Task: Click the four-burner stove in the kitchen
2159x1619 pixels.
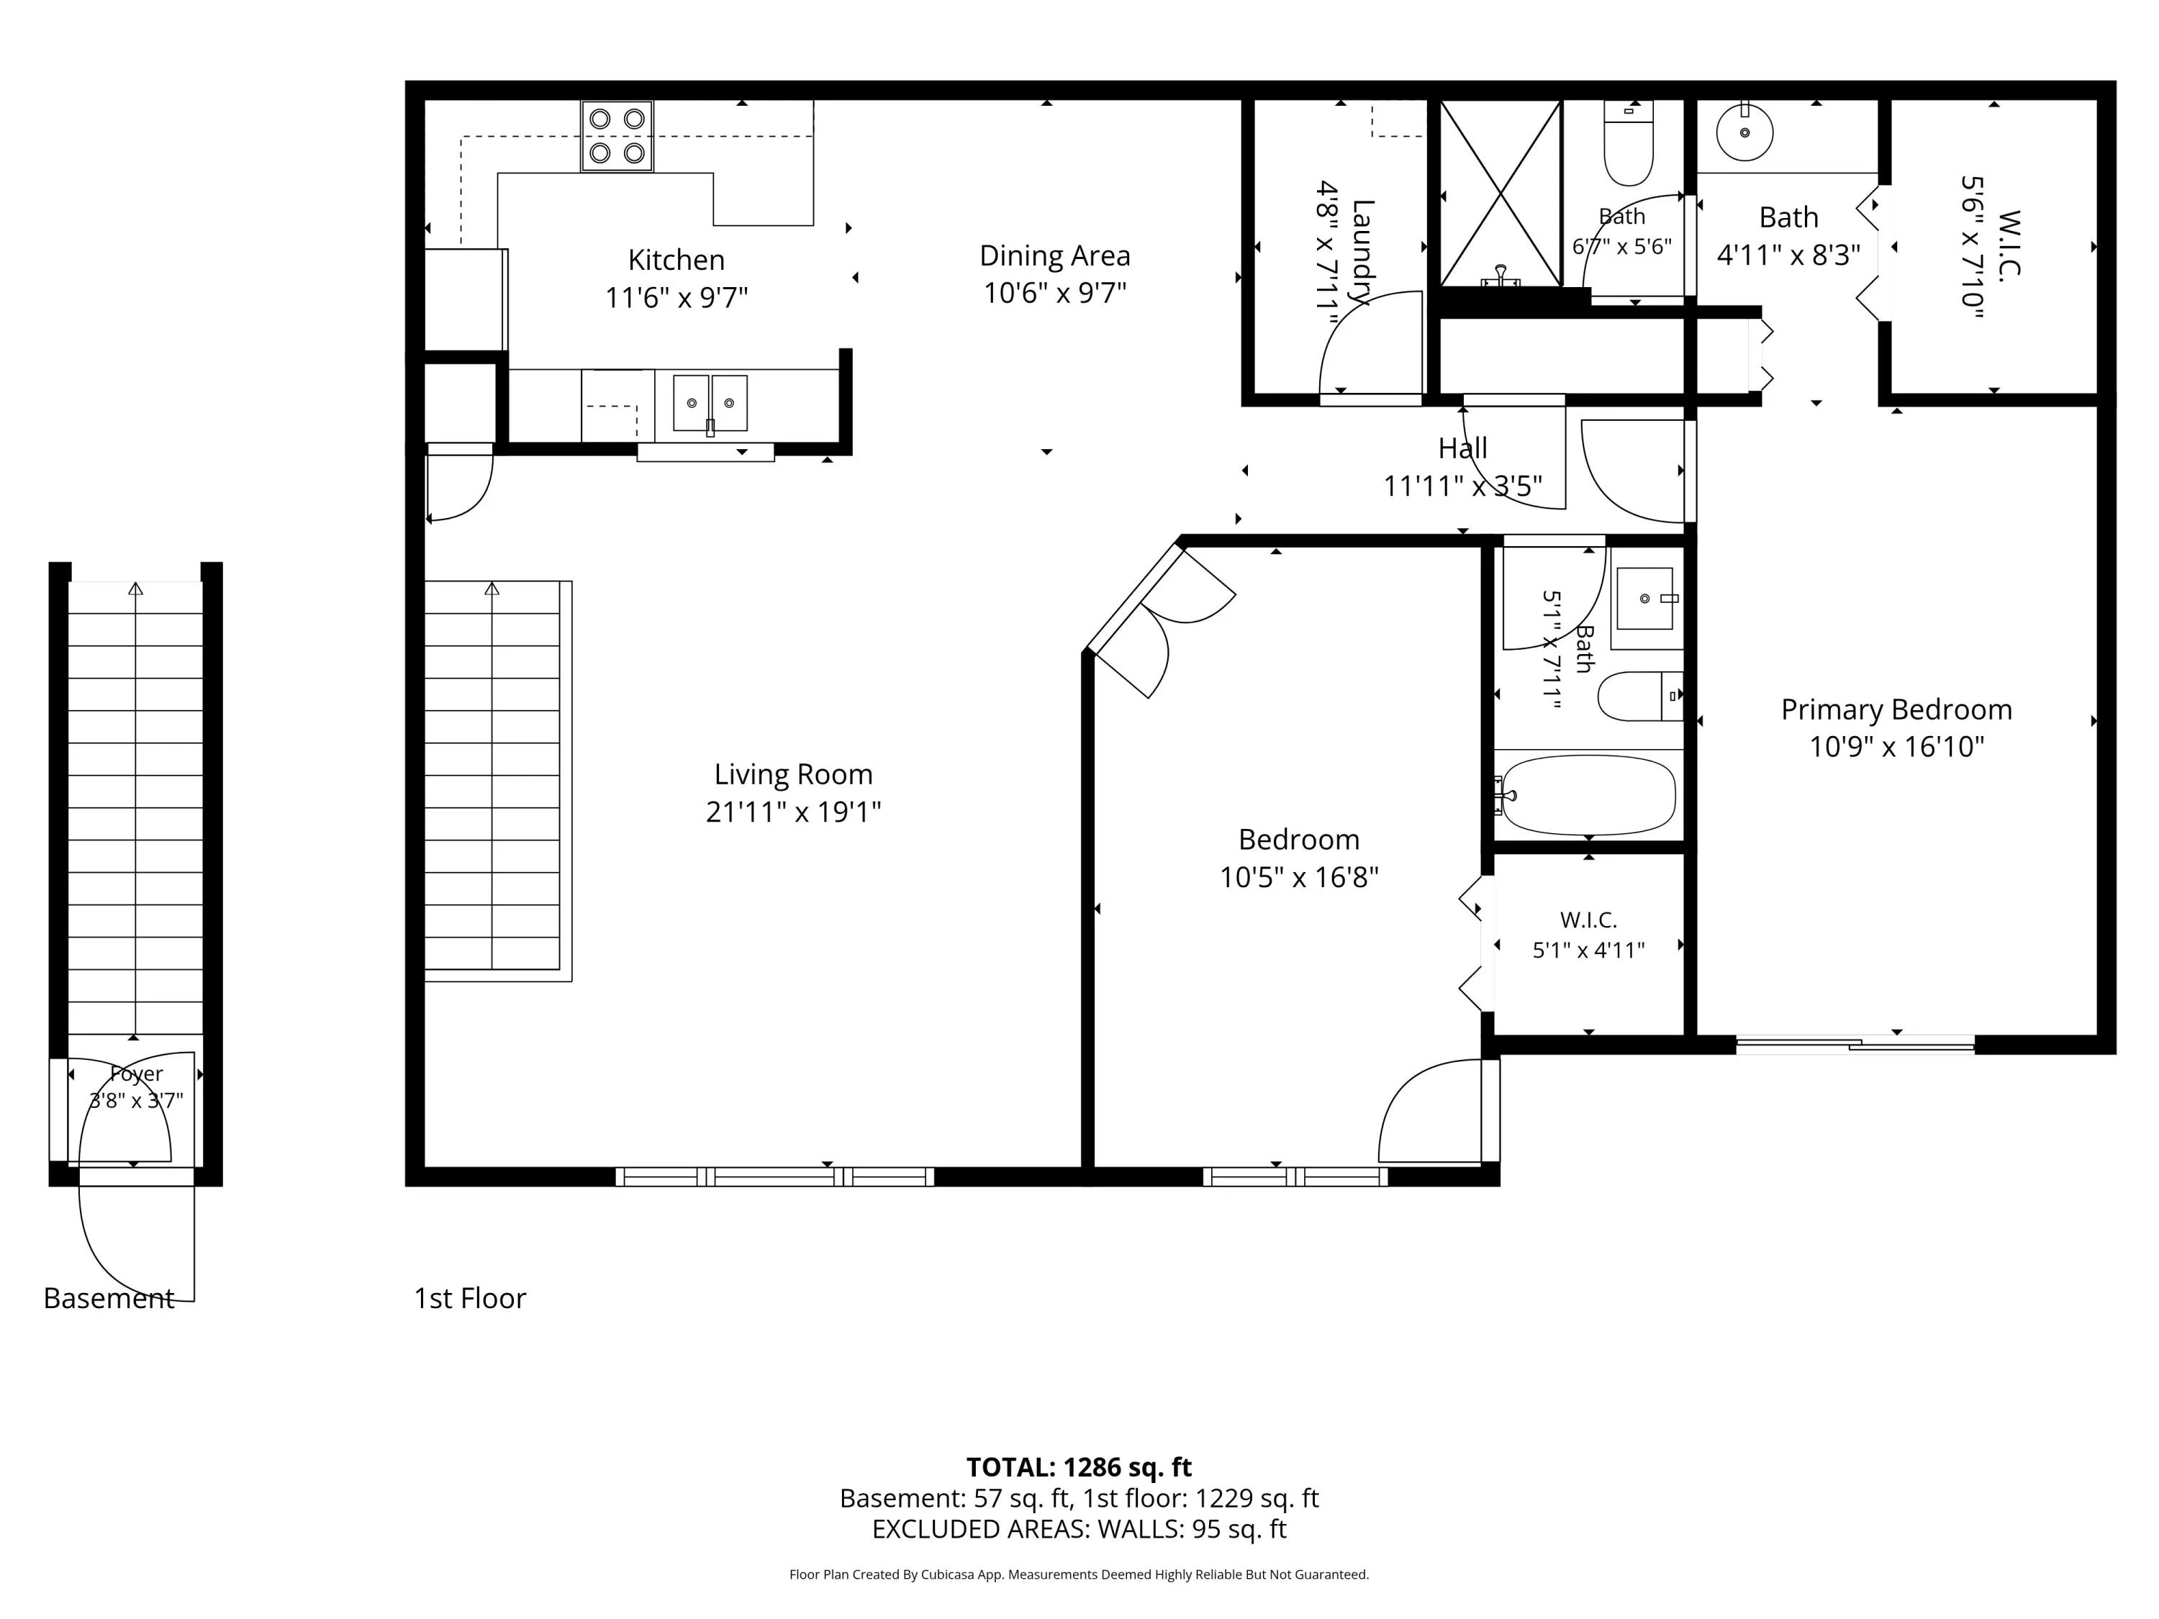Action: [617, 136]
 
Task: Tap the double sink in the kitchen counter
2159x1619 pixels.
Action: [710, 403]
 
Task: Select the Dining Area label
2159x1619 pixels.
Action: [1055, 255]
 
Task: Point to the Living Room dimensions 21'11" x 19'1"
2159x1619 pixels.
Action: [794, 812]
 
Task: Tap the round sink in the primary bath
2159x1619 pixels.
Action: [1744, 132]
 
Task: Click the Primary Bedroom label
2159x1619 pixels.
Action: [1896, 709]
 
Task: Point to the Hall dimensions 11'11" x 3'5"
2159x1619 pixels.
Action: [1462, 486]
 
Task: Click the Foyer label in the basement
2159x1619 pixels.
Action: [136, 1074]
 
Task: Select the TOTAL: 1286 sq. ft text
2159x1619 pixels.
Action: [1079, 1466]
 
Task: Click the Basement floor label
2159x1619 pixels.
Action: [109, 1298]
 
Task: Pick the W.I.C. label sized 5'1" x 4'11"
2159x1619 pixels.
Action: [1588, 920]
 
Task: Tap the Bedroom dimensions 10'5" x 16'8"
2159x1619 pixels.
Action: [1298, 877]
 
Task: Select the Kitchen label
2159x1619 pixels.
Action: [676, 260]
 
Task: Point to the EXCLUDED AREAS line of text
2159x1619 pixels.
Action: [1079, 1529]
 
